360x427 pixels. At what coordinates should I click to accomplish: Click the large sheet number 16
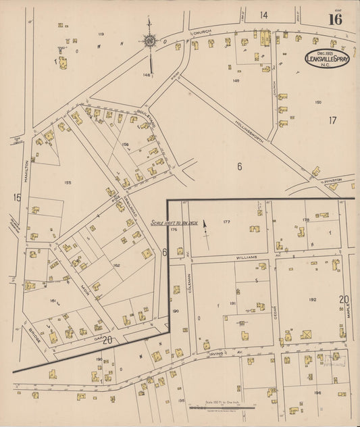335,19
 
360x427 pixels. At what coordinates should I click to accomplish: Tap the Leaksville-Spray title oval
328,58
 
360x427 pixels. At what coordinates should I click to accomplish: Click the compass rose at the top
149,43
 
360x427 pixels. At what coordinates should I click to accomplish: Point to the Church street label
202,32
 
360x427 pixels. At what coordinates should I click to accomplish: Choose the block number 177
226,222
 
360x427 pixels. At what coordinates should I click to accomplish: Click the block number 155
68,182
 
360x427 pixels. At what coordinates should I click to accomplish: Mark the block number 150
317,102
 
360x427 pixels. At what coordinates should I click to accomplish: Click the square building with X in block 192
307,334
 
